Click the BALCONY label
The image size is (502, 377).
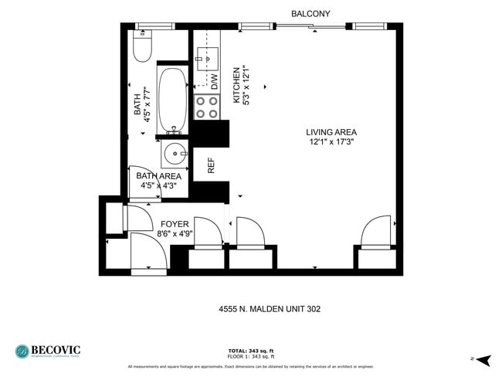[310, 14]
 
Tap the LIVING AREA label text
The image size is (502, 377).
[331, 132]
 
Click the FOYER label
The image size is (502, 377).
[175, 224]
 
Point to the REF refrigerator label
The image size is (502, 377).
[210, 165]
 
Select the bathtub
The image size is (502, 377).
[174, 101]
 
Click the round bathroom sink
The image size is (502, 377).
[174, 153]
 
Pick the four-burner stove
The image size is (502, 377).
[206, 107]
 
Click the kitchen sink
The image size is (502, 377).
[207, 56]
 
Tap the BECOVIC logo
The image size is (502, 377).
[48, 351]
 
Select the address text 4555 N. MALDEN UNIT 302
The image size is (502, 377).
[270, 309]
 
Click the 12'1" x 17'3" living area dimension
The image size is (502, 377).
[331, 142]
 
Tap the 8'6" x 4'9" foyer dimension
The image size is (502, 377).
[175, 234]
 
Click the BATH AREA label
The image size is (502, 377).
[158, 176]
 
